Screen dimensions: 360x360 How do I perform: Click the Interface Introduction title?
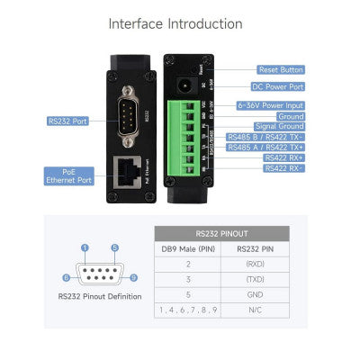(x=180, y=23)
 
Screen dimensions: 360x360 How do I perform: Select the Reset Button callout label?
(x=280, y=69)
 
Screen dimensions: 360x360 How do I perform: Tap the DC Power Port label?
(x=280, y=87)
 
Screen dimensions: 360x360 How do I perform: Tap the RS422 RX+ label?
(x=283, y=157)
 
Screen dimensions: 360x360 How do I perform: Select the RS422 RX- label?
(x=283, y=168)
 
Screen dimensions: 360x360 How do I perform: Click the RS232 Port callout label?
(x=68, y=120)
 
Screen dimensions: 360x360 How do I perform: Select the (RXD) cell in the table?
(x=254, y=265)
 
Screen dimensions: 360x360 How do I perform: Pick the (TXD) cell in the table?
(x=254, y=281)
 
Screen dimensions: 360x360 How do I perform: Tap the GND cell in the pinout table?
(x=254, y=296)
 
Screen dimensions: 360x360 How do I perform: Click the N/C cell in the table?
(x=254, y=311)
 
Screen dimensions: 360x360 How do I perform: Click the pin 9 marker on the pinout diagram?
(x=133, y=278)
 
